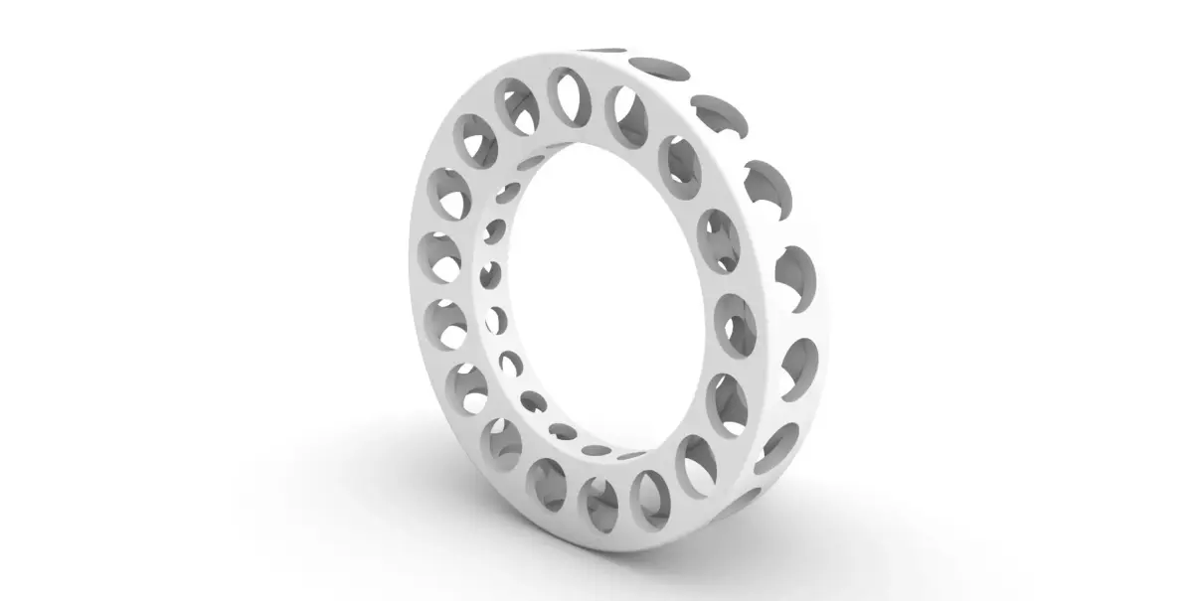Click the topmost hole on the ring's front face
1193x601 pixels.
click(569, 97)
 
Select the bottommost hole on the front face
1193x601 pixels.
click(598, 504)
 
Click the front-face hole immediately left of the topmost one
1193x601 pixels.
click(516, 105)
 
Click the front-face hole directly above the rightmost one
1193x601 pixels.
click(721, 238)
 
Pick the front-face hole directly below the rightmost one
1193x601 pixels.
click(730, 402)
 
